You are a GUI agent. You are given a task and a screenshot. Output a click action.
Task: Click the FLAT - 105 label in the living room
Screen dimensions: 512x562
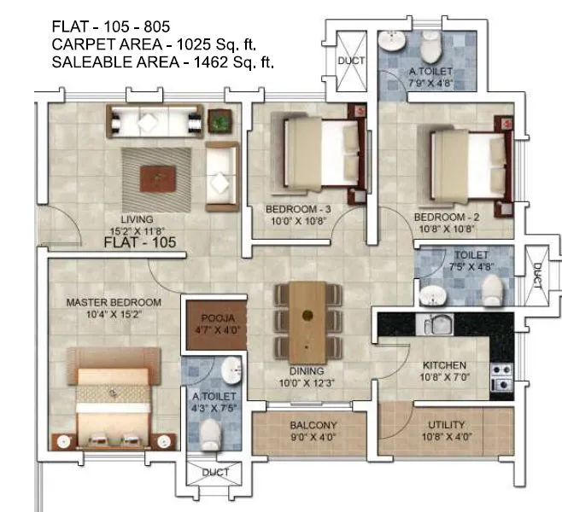tap(139, 243)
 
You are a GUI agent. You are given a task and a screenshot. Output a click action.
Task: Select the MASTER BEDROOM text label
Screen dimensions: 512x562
tap(114, 303)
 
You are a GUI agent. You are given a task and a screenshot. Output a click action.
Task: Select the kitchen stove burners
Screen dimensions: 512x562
tap(501, 376)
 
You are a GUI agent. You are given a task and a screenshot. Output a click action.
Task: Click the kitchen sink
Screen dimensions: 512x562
tap(436, 325)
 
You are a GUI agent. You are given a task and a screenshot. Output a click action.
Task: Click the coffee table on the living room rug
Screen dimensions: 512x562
tap(159, 177)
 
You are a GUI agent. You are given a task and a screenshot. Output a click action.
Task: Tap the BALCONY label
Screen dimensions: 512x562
tap(313, 426)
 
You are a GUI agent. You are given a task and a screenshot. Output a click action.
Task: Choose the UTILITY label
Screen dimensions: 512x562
tap(446, 425)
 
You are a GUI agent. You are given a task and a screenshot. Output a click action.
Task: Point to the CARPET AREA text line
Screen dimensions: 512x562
tap(154, 44)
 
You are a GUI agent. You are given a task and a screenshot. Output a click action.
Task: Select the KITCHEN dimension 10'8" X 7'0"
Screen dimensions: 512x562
tap(444, 376)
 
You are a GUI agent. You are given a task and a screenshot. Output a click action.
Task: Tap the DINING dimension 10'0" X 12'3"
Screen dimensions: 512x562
tap(306, 383)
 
